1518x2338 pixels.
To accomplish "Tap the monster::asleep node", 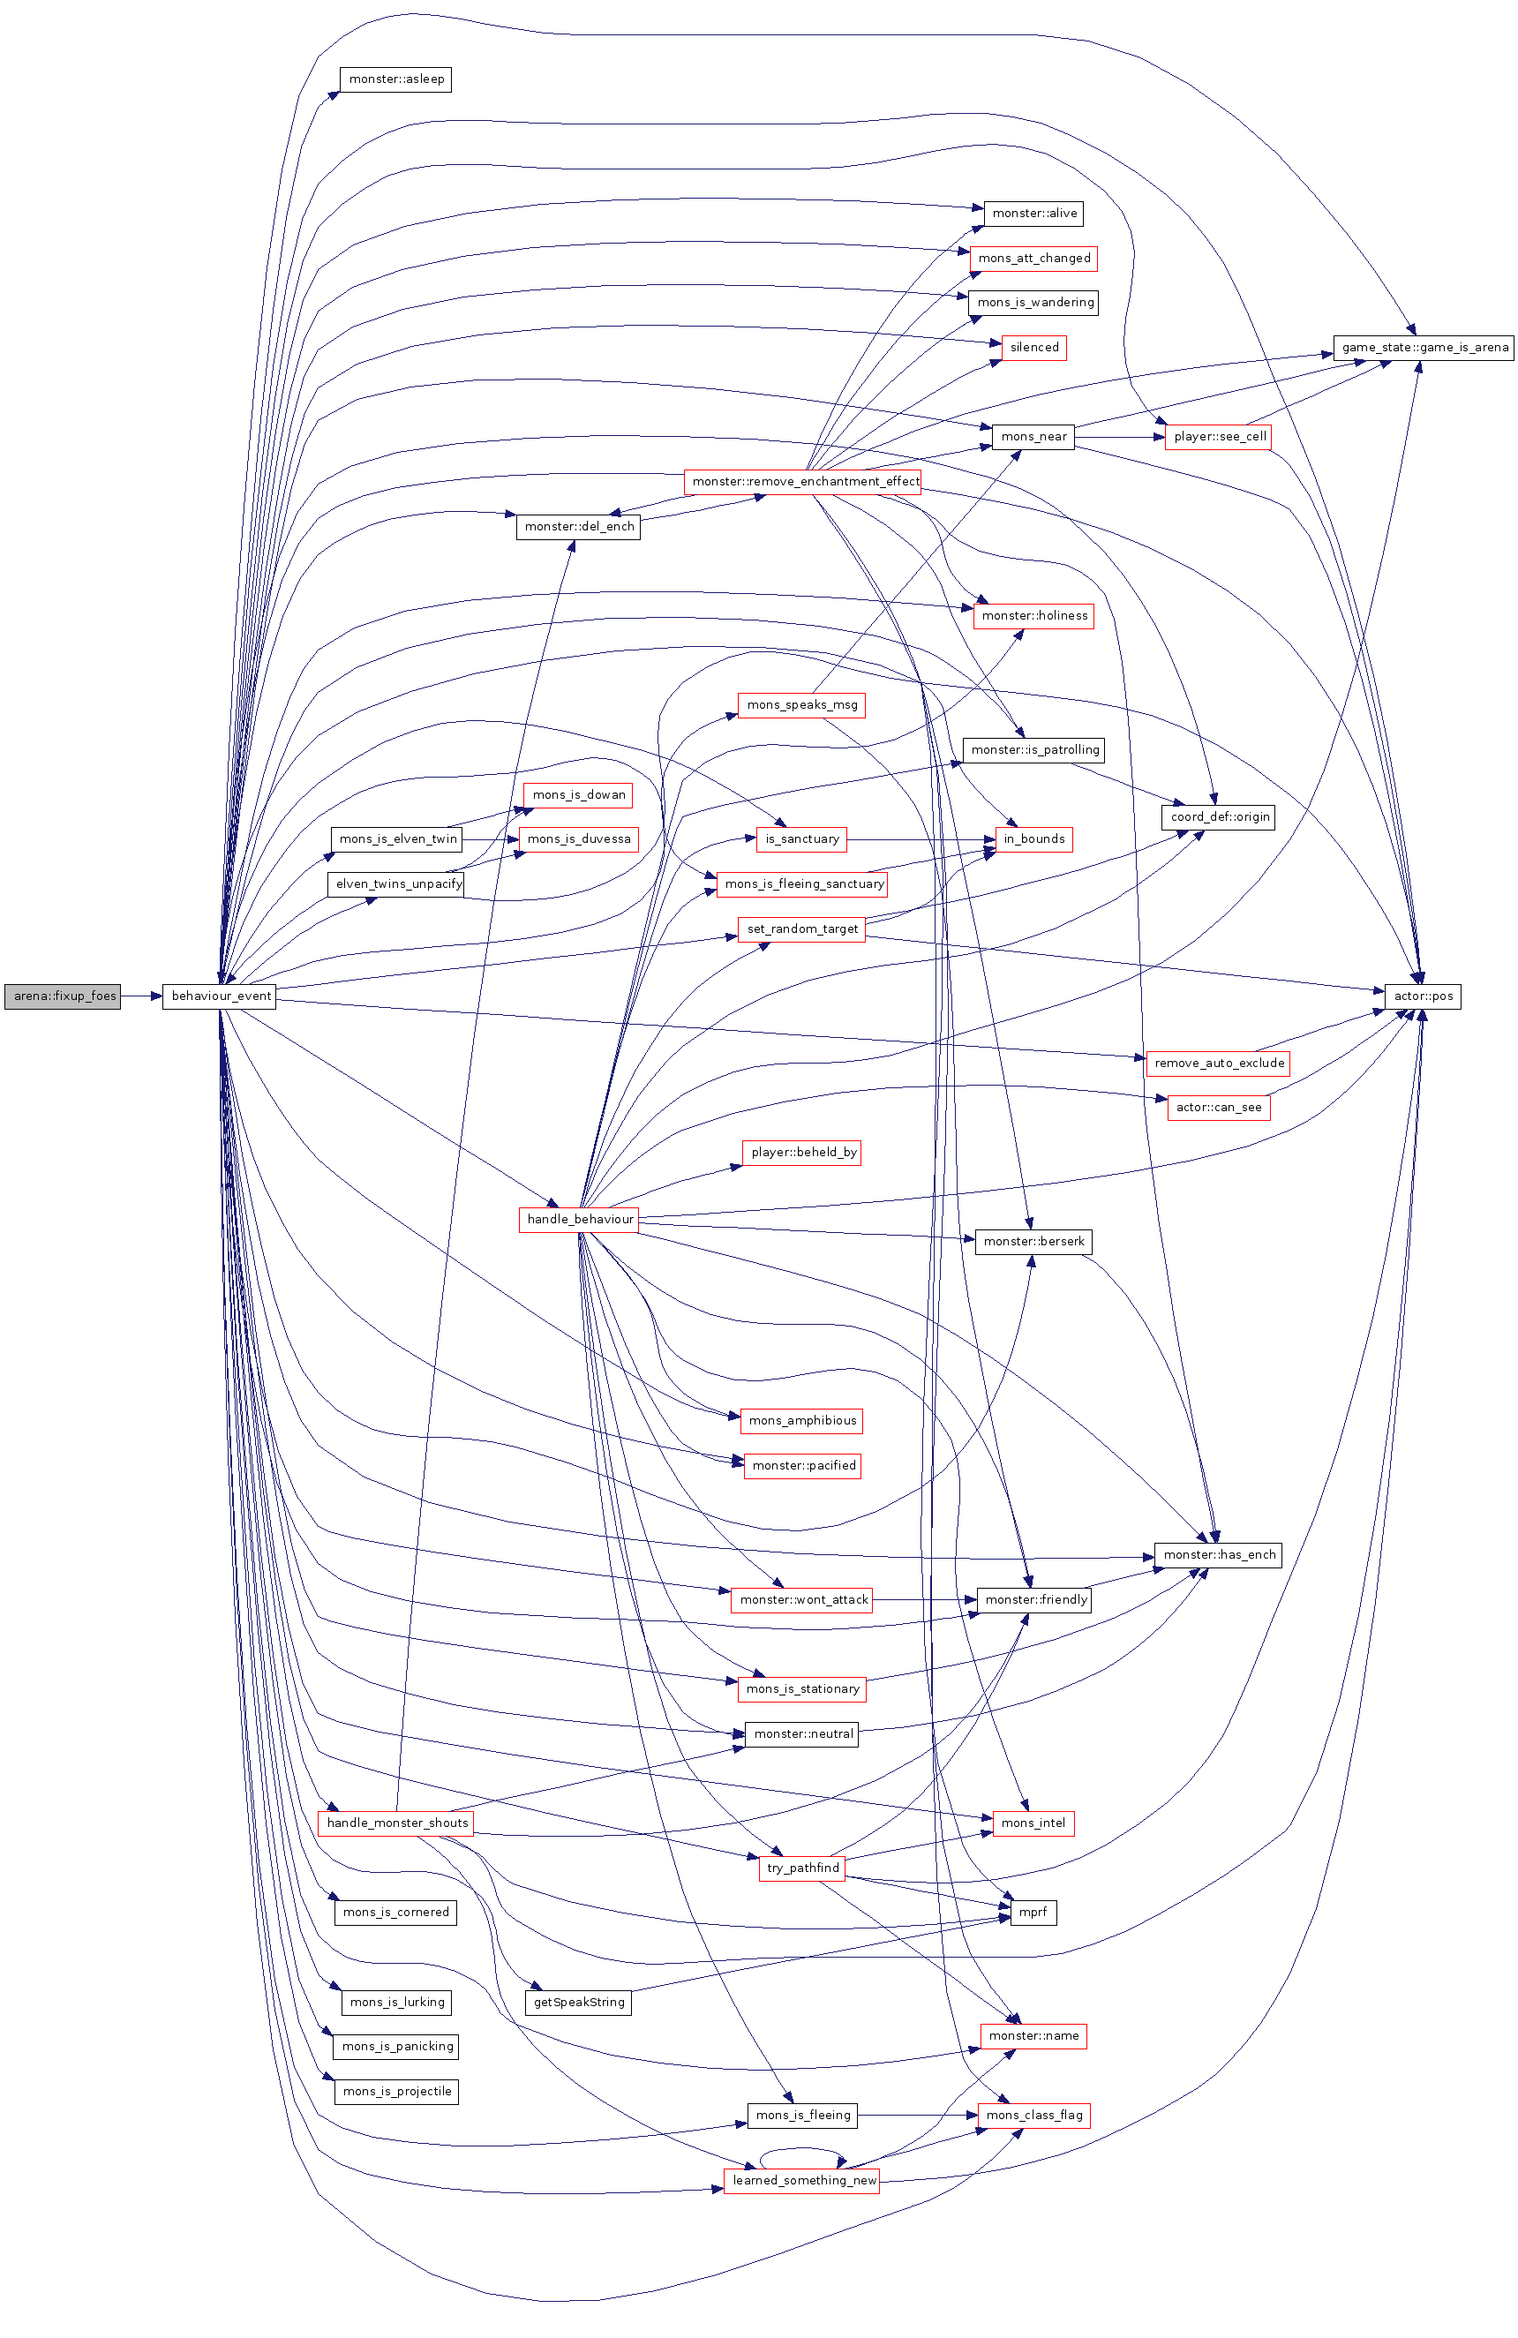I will (395, 79).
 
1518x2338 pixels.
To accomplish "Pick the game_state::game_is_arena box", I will (1423, 347).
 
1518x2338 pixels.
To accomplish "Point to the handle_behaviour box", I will (579, 1219).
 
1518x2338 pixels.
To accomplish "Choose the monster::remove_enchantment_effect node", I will (804, 481).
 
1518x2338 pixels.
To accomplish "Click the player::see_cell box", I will (1218, 436).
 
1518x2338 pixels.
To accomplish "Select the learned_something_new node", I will (801, 2180).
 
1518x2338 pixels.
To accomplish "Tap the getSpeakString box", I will (578, 2001).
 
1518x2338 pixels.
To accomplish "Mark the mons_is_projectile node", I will (396, 2091).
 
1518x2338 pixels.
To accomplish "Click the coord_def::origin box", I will (1218, 816).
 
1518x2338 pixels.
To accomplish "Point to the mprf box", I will (1033, 1912).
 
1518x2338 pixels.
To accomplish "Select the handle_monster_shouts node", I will (396, 1823).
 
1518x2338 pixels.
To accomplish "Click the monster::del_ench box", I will (578, 527).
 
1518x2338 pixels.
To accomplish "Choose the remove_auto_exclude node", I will (1218, 1063).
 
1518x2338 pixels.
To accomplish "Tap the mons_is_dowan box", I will (578, 794).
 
